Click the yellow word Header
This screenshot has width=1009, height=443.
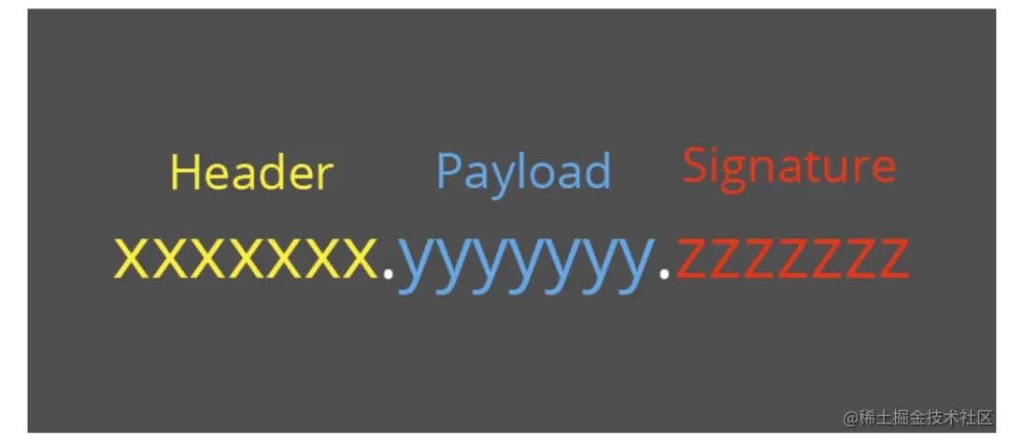251,173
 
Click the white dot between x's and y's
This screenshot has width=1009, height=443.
388,273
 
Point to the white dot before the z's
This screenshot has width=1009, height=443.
665,273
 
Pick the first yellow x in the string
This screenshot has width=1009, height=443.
134,258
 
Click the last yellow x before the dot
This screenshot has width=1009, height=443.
359,258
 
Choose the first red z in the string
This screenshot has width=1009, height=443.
691,258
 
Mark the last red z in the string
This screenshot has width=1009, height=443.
893,258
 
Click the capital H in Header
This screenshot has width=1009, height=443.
184,173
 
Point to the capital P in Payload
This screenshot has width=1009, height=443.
448,170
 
